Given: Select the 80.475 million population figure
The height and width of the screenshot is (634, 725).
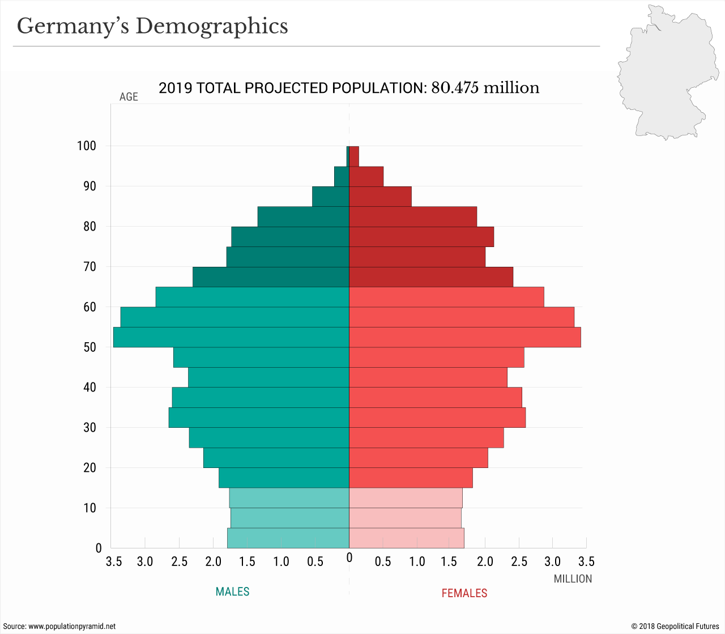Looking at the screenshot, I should pyautogui.click(x=485, y=88).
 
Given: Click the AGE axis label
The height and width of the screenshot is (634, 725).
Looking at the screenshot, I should pyautogui.click(x=129, y=97).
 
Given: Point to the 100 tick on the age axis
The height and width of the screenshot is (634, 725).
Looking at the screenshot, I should pyautogui.click(x=87, y=146).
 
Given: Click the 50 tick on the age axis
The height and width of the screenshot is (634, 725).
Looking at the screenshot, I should pyautogui.click(x=89, y=347).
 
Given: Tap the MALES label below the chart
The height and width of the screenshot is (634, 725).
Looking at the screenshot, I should pyautogui.click(x=232, y=592).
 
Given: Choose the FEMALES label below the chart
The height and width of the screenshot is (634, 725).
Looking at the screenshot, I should pyautogui.click(x=464, y=593).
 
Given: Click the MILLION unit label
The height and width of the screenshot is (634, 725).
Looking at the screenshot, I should pyautogui.click(x=573, y=579).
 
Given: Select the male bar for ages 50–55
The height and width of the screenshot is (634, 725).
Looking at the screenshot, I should pyautogui.click(x=231, y=337).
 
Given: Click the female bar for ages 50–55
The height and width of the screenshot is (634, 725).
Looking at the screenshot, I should pyautogui.click(x=464, y=337).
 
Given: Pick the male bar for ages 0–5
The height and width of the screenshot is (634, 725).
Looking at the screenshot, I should pyautogui.click(x=288, y=538).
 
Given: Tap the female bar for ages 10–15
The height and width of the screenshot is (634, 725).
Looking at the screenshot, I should pyautogui.click(x=406, y=498).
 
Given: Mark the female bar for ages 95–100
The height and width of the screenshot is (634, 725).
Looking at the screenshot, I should pyautogui.click(x=354, y=156).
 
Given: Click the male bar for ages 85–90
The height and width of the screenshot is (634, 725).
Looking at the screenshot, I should pyautogui.click(x=331, y=197).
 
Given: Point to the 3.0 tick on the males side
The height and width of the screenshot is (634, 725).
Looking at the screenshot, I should pyautogui.click(x=145, y=561).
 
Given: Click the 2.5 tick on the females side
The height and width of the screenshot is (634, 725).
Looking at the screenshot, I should pyautogui.click(x=519, y=561).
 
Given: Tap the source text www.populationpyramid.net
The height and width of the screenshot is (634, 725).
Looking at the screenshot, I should pyautogui.click(x=72, y=626).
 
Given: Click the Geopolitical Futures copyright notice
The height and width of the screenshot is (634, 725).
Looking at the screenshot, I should pyautogui.click(x=675, y=626).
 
